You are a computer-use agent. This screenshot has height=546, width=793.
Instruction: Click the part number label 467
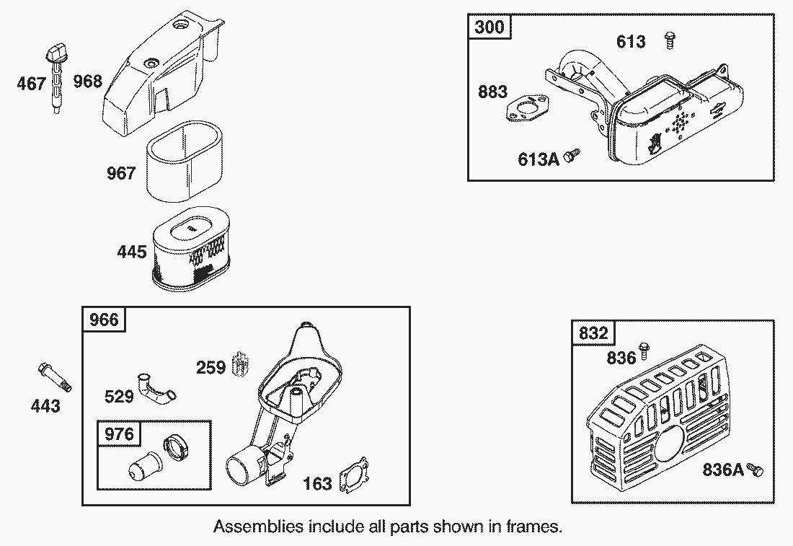pyautogui.click(x=31, y=83)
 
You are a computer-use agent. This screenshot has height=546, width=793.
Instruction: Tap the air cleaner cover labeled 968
pyautogui.click(x=161, y=75)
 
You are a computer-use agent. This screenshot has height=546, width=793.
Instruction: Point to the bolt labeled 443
pyautogui.click(x=55, y=377)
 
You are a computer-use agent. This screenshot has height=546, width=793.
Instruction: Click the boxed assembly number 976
pyautogui.click(x=119, y=433)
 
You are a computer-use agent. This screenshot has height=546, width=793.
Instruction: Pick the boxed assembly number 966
pyautogui.click(x=104, y=320)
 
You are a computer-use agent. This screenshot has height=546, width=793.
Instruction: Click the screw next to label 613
pyautogui.click(x=670, y=40)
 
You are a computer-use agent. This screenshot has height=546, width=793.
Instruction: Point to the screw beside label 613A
pyautogui.click(x=572, y=155)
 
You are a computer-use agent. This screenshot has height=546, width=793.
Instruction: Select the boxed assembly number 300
pyautogui.click(x=489, y=27)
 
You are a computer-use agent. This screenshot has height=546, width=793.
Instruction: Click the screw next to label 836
pyautogui.click(x=644, y=351)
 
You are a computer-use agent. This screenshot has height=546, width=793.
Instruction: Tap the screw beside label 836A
pyautogui.click(x=755, y=470)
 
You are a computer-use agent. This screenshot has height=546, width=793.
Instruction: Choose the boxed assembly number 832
pyautogui.click(x=593, y=333)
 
